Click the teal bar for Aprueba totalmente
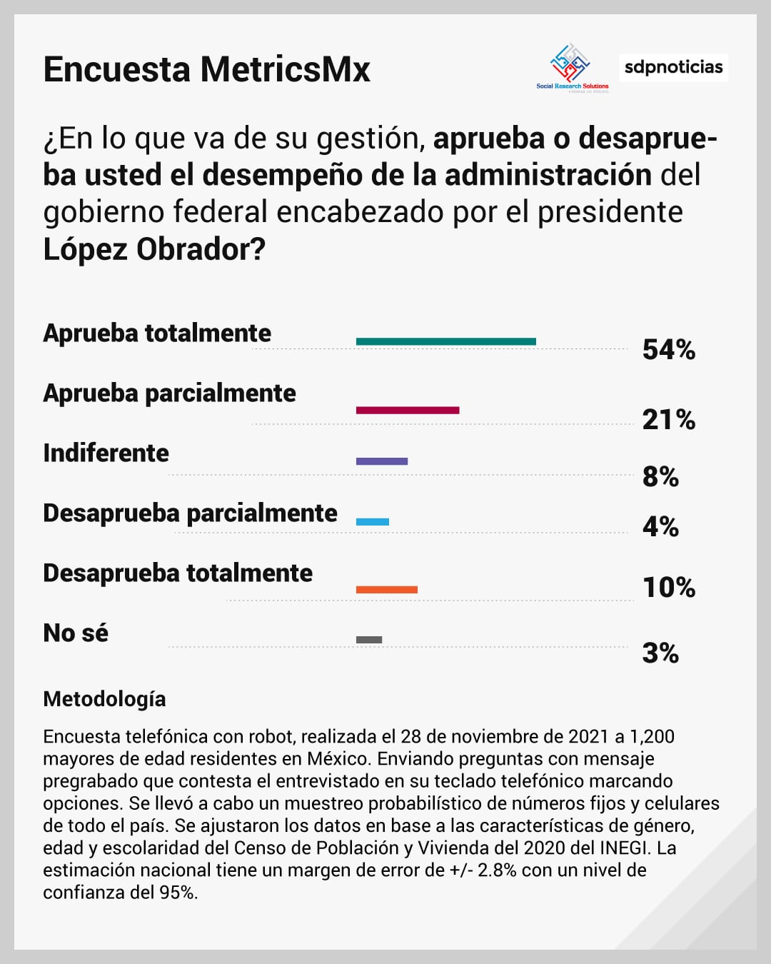pos(445,341)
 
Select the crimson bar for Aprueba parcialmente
pos(408,410)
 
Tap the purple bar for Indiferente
pos(382,461)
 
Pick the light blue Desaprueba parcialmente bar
pos(373,522)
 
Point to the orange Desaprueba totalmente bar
pos(386,590)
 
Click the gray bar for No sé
pos(369,640)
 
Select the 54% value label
pos(668,350)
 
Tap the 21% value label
pos(668,419)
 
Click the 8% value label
pos(660,476)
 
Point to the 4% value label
pos(660,526)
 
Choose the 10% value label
pos(669,587)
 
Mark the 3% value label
pos(660,653)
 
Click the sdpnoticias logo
pos(673,67)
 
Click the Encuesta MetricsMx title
pos(207,70)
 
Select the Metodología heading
pos(104,699)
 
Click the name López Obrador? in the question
pos(154,249)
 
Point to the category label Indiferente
pos(106,453)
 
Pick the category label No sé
pos(76,633)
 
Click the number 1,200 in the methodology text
pos(652,736)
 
